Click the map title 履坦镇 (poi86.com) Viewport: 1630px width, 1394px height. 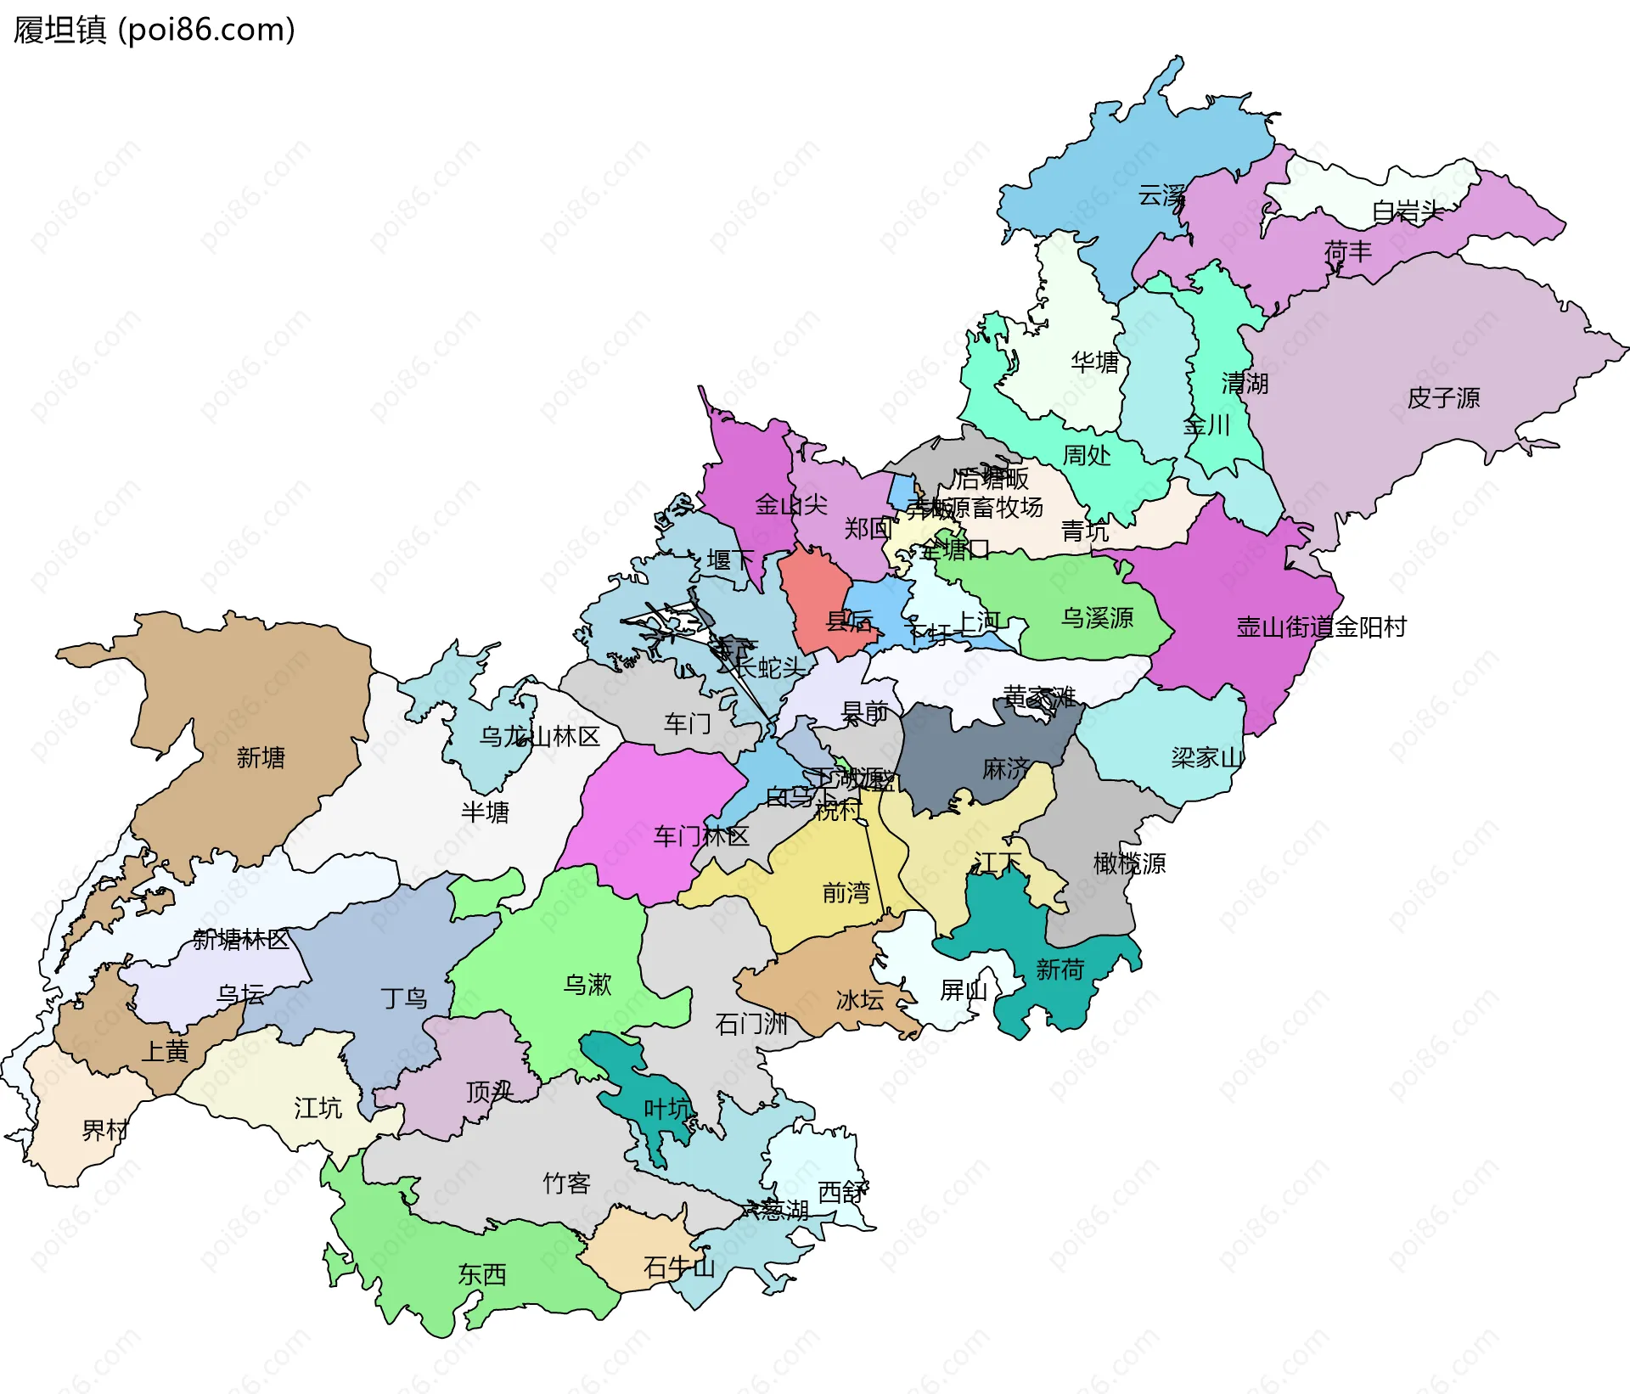click(154, 30)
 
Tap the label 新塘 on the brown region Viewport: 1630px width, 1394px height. click(261, 757)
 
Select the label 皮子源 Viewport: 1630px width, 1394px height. click(1443, 397)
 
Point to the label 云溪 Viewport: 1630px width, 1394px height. click(1161, 196)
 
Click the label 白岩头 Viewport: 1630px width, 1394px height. click(1408, 211)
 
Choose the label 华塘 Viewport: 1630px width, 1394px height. click(1095, 363)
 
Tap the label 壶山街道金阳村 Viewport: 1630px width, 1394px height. click(1321, 627)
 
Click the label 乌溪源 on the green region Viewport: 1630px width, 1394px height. click(1097, 617)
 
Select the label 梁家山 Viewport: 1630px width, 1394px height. click(1206, 757)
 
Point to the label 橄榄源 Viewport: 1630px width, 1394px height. click(1129, 863)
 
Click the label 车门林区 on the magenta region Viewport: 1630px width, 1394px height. click(701, 836)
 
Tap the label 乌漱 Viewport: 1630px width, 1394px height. click(587, 984)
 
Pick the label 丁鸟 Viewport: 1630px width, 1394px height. click(403, 998)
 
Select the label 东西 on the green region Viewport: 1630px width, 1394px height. click(482, 1274)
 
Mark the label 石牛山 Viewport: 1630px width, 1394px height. click(679, 1268)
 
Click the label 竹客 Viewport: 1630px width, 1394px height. click(566, 1183)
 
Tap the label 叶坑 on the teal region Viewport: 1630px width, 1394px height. click(668, 1109)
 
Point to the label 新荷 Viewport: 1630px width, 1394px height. click(1059, 970)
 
